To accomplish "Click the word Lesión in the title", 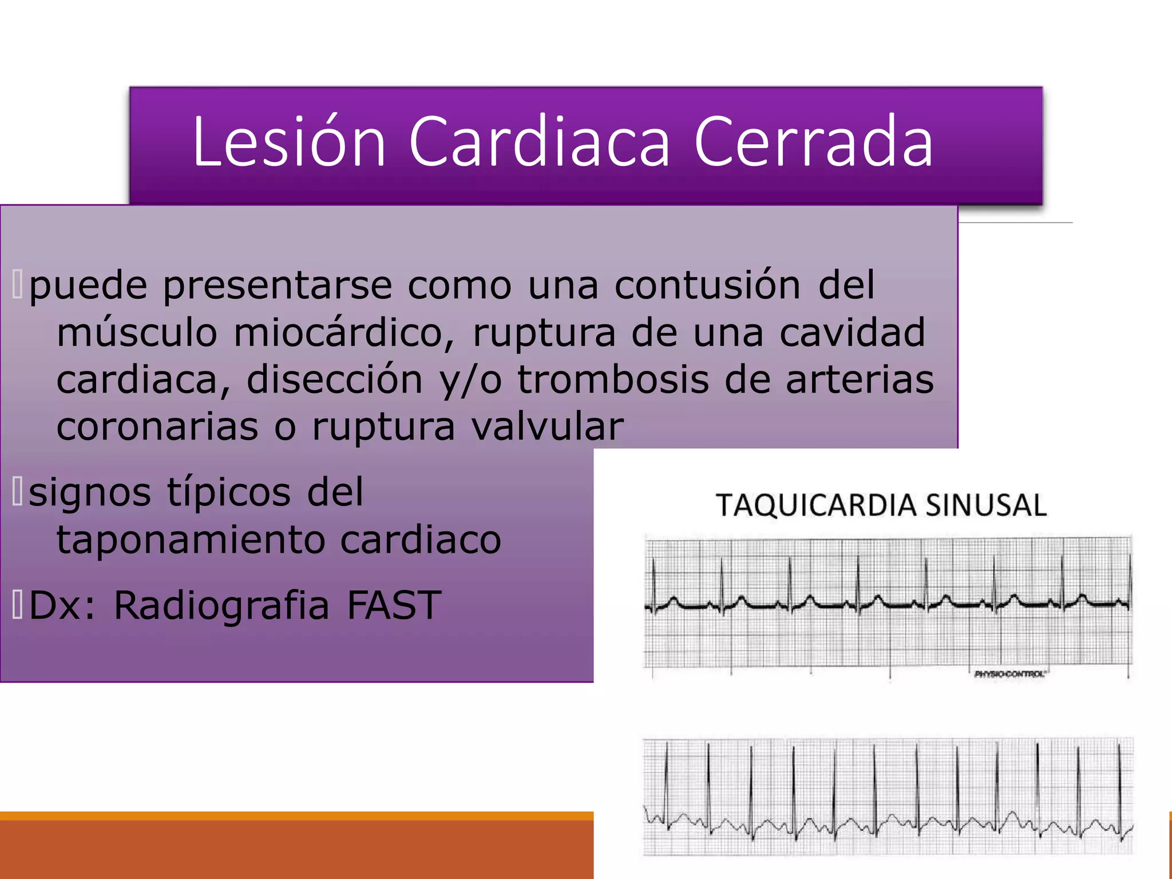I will click(x=289, y=141).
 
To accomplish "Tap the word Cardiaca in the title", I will click(x=539, y=141).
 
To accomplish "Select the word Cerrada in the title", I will click(x=813, y=141).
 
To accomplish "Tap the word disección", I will click(x=335, y=379).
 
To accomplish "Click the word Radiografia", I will click(x=222, y=605).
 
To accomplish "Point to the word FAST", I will click(x=394, y=605).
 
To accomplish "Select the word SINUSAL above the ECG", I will click(x=986, y=505).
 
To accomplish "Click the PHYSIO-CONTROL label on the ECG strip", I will click(x=1009, y=674).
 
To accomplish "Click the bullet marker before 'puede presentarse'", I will click(x=18, y=285).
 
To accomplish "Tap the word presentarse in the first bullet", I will click(x=278, y=286).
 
